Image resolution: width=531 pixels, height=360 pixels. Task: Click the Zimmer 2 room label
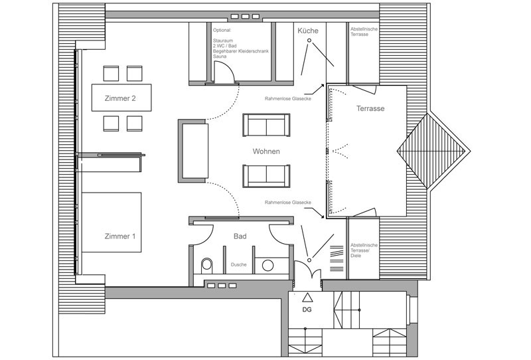click(120, 99)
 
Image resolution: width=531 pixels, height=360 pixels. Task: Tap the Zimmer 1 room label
click(120, 236)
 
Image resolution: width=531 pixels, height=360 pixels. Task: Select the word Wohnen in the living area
click(266, 151)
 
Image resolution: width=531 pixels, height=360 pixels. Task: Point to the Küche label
click(308, 31)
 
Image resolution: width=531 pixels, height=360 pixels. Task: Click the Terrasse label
click(370, 108)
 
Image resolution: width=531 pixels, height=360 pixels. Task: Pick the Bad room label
click(240, 236)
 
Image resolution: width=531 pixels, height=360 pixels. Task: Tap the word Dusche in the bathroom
click(239, 264)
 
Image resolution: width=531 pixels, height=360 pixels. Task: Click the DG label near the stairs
click(307, 310)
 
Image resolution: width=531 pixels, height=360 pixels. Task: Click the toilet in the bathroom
click(206, 266)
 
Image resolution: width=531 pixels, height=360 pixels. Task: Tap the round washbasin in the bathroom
click(267, 266)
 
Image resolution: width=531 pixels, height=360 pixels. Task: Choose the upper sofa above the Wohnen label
click(266, 125)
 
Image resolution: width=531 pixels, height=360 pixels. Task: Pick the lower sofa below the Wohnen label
click(266, 176)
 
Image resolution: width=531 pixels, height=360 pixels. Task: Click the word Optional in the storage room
click(222, 30)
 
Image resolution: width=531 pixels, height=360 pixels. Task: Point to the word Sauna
click(220, 56)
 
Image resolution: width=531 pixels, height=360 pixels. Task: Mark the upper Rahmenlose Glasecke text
click(288, 99)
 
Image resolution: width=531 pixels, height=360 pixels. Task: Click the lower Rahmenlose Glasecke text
click(288, 203)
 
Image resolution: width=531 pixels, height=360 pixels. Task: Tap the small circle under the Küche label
click(309, 41)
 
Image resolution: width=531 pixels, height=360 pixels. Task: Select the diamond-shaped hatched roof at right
click(430, 151)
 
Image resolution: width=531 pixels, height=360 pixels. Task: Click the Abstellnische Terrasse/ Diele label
click(364, 250)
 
